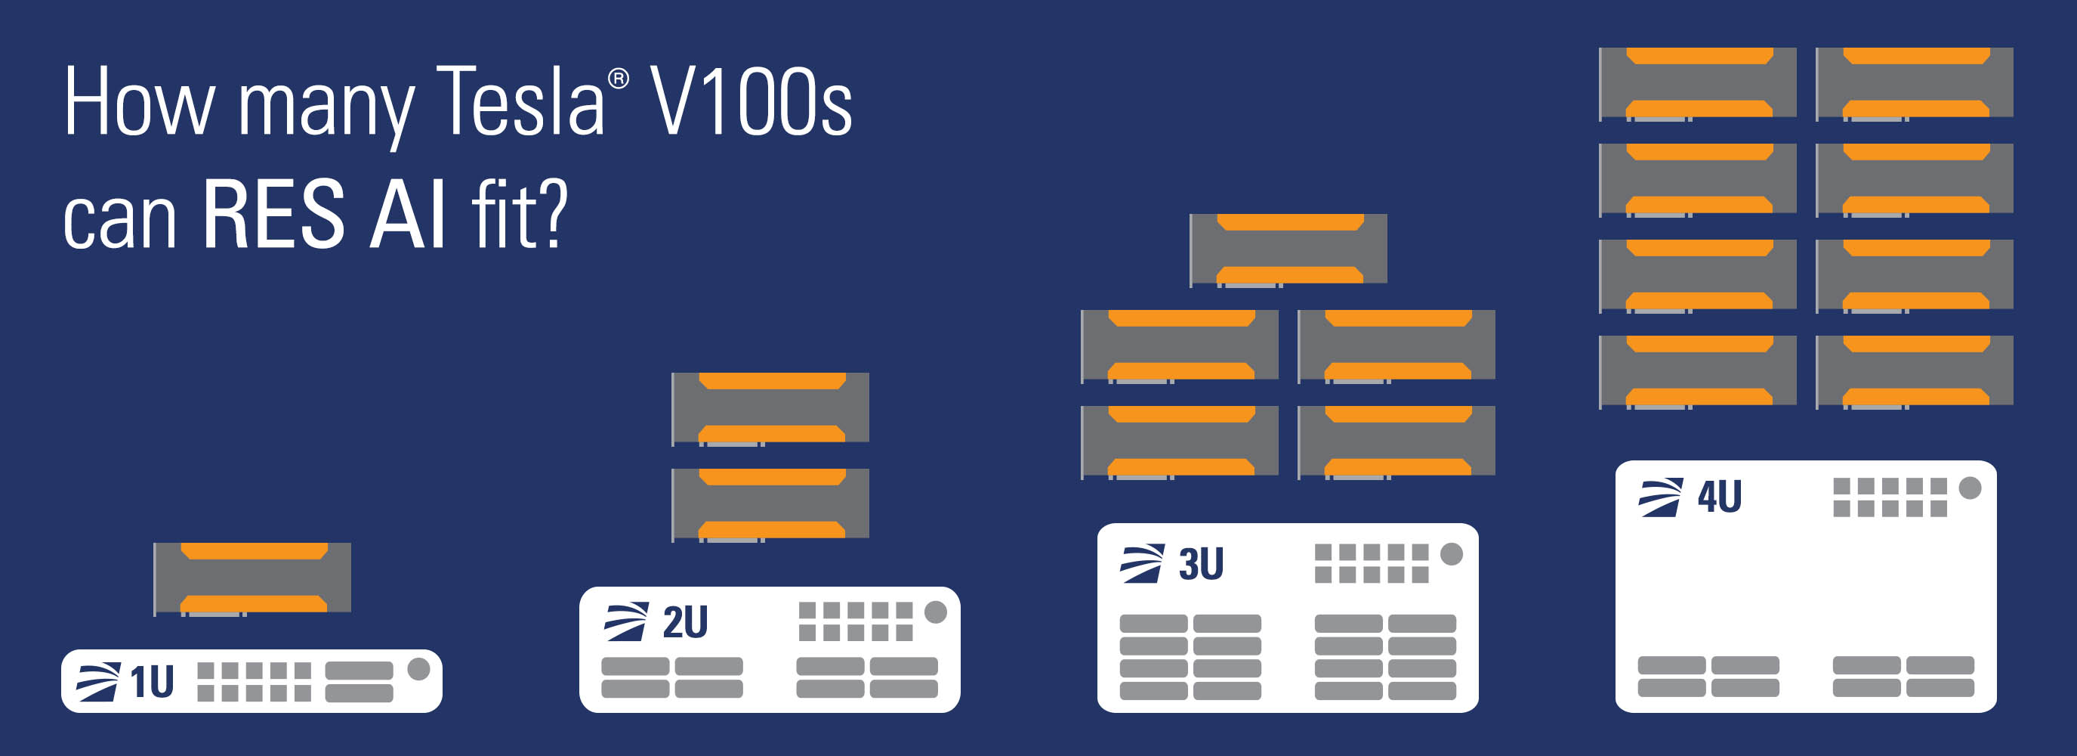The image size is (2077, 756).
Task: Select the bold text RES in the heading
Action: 273,214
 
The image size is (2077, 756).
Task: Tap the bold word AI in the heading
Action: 408,214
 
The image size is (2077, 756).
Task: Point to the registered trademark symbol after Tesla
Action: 619,79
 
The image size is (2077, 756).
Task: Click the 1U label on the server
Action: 152,682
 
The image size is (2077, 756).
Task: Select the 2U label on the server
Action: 684,622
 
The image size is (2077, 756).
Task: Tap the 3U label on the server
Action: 1201,564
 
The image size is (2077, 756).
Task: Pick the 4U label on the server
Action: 1719,496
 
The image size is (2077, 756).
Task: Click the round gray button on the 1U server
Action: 418,669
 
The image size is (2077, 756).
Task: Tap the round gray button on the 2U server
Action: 935,612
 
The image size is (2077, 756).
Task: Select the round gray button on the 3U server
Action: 1452,553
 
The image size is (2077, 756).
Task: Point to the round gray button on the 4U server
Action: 1970,488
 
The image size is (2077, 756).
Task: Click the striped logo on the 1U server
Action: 97,682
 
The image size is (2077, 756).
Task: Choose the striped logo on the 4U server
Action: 1661,497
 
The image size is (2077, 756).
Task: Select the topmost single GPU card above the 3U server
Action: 1288,250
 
